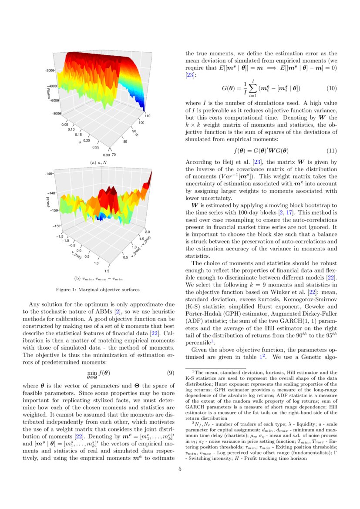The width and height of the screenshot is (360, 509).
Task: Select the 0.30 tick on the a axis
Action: tap(106, 155)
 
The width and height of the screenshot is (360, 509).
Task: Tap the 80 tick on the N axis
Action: tap(126, 142)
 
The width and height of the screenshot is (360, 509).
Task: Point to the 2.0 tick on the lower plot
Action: tap(147, 232)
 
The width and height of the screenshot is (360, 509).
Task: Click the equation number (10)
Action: tap(332, 88)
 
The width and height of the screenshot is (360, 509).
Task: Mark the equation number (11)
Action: tap(332, 151)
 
